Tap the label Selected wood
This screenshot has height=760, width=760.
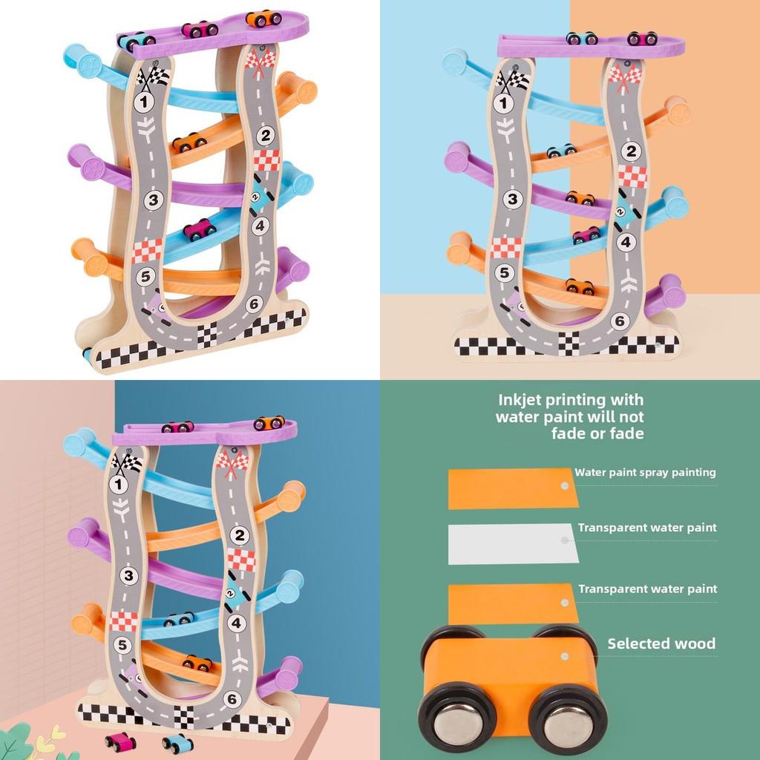click(661, 643)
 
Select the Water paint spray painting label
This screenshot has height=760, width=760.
click(645, 472)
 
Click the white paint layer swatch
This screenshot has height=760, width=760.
click(514, 543)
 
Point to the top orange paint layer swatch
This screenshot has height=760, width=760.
click(514, 488)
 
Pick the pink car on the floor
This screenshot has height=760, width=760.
click(120, 741)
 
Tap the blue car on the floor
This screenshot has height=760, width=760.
click(177, 743)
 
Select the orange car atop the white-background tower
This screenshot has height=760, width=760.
click(263, 19)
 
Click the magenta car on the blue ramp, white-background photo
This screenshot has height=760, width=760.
click(200, 229)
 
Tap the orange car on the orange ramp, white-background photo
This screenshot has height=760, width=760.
click(189, 142)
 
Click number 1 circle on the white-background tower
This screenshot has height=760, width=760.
click(143, 102)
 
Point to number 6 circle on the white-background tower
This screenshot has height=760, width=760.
click(255, 304)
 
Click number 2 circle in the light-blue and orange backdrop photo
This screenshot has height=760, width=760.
click(631, 151)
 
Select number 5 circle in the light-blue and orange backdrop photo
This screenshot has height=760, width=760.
click(505, 273)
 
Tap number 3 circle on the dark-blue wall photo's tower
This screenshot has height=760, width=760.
click(128, 575)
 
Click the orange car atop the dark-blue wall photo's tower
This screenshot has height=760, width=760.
click(269, 422)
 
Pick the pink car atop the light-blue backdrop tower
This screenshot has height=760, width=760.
click(642, 39)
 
